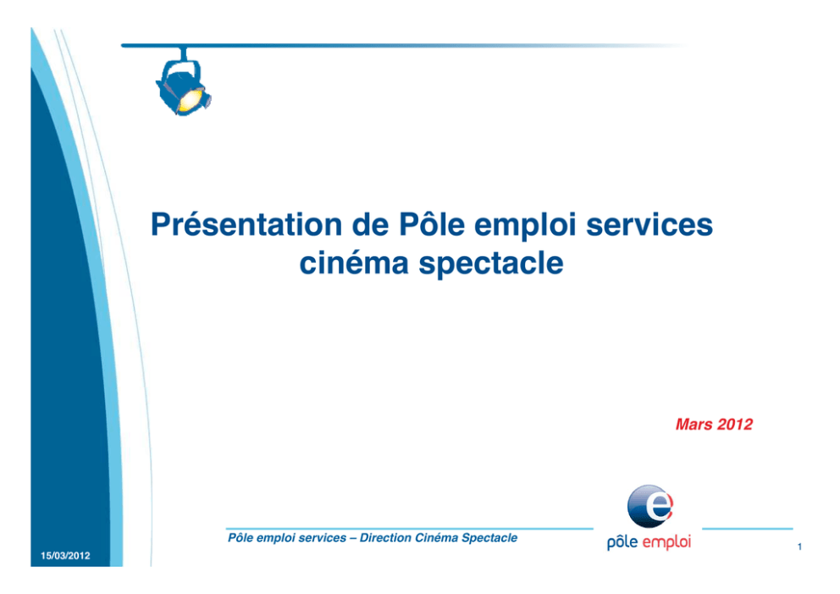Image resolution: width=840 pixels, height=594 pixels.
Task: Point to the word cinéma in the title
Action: (x=354, y=263)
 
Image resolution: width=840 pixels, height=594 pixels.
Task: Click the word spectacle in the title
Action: (x=491, y=264)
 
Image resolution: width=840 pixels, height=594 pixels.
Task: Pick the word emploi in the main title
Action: (x=525, y=225)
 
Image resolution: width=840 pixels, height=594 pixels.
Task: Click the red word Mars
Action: (x=694, y=424)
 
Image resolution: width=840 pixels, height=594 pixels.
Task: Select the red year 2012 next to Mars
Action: (x=735, y=424)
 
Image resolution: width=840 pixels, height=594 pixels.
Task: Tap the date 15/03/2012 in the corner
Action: (x=65, y=555)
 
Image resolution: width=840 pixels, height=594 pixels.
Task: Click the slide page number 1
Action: (x=799, y=547)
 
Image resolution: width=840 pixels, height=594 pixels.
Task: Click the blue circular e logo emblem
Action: (x=649, y=506)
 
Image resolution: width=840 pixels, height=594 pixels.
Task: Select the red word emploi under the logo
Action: (x=666, y=542)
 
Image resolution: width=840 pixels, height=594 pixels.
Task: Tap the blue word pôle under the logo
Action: (x=622, y=542)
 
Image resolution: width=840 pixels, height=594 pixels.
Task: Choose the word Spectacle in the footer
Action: (x=489, y=538)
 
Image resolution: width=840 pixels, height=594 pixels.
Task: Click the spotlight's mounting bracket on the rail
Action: (x=184, y=53)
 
